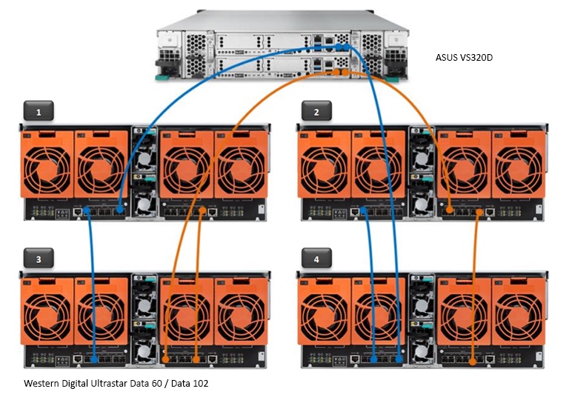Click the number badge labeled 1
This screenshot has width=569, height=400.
pos(39,111)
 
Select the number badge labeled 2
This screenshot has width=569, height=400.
pos(316,111)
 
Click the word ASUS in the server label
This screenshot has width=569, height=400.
pos(447,56)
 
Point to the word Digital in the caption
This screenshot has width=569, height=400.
pos(80,384)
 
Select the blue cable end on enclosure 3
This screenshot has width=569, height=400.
pos(95,359)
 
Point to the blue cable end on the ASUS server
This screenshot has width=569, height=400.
pos(342,46)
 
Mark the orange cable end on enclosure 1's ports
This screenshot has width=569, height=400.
pos(202,212)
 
